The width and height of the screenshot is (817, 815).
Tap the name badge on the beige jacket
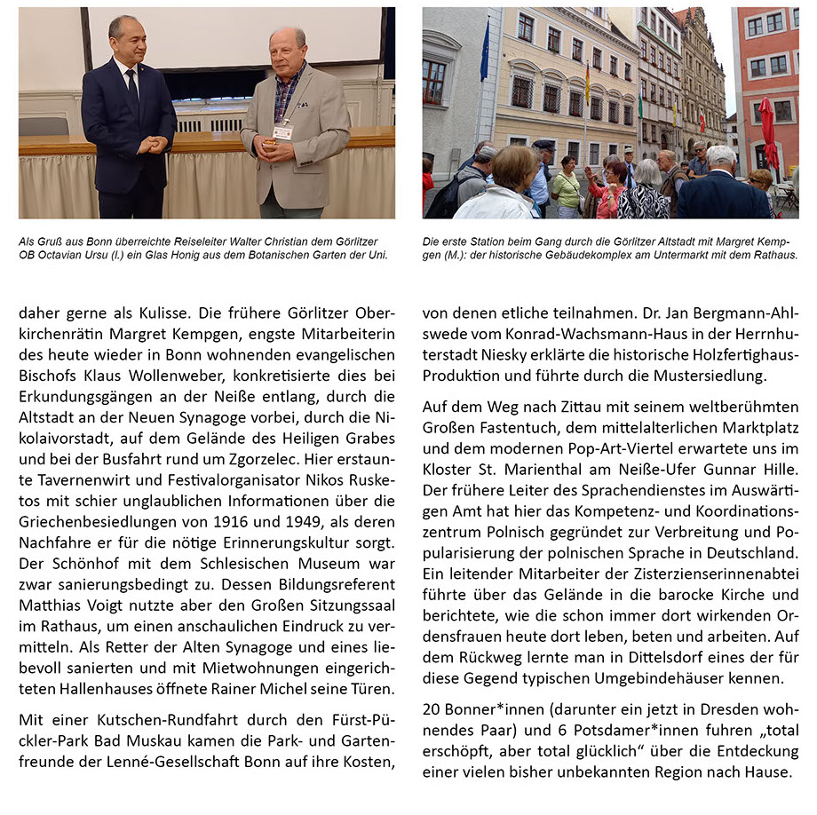click(282, 132)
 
